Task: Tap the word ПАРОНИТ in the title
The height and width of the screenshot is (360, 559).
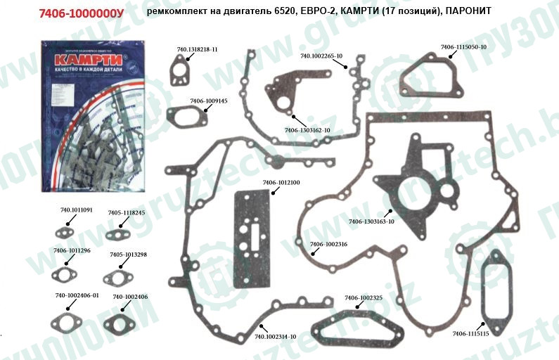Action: pyautogui.click(x=469, y=13)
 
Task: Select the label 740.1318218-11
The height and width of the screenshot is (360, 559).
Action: pyautogui.click(x=197, y=49)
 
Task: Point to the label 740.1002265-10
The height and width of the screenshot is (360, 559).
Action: pyautogui.click(x=321, y=55)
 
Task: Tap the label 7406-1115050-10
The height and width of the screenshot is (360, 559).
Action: pyautogui.click(x=463, y=46)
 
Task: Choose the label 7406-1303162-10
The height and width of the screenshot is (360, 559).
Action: pyautogui.click(x=307, y=130)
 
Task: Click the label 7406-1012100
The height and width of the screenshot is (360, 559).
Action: pyautogui.click(x=281, y=183)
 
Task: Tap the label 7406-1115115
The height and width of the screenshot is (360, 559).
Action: pyautogui.click(x=470, y=333)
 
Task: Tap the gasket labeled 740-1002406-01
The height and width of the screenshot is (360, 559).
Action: pyautogui.click(x=70, y=323)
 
